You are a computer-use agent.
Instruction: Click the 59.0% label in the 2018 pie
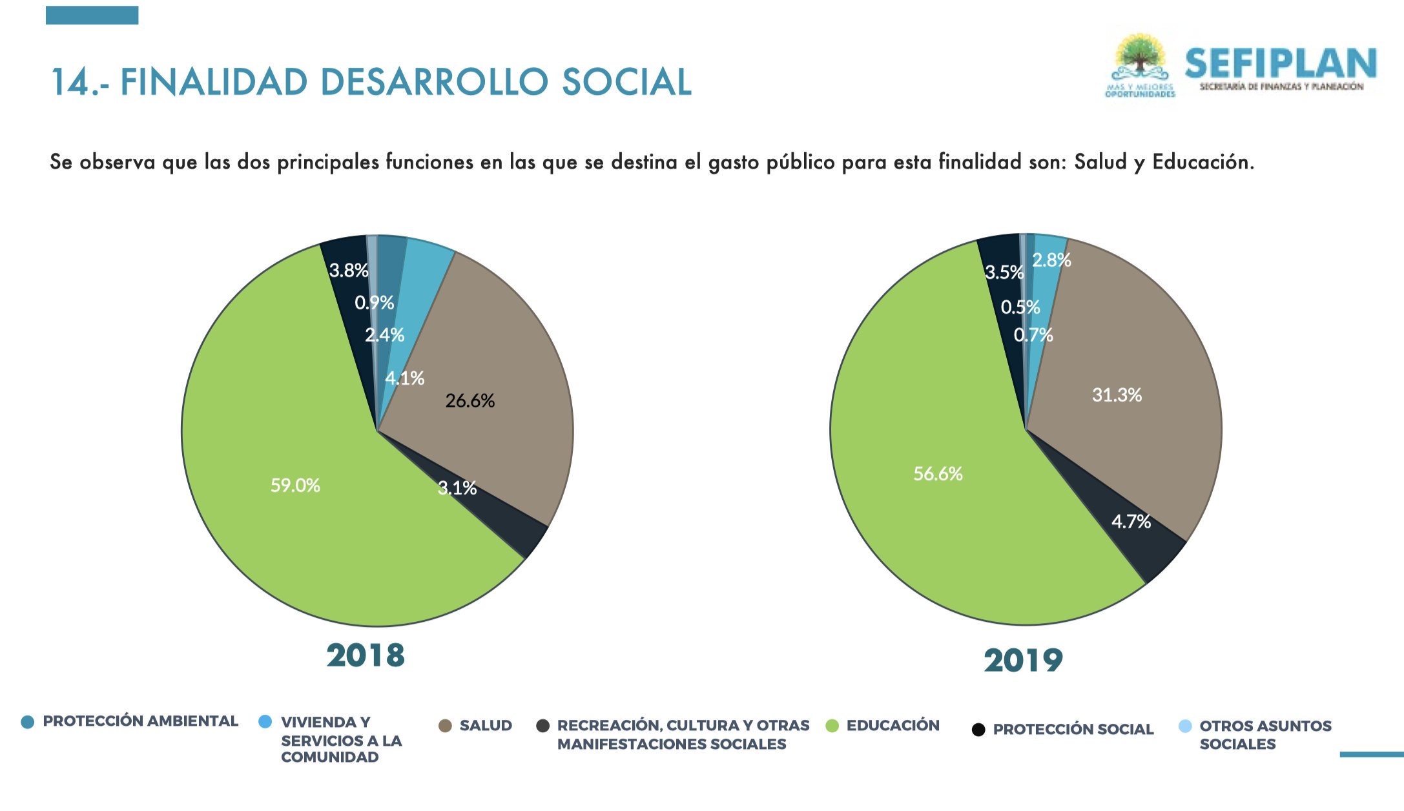pyautogui.click(x=295, y=485)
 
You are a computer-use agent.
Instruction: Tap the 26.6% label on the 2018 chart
pyautogui.click(x=470, y=401)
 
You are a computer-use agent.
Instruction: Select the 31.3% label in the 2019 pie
pyautogui.click(x=1117, y=395)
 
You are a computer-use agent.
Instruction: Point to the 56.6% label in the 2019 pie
pyautogui.click(x=938, y=474)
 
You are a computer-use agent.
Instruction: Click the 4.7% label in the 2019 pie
pyautogui.click(x=1131, y=521)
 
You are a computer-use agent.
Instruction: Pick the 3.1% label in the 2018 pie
pyautogui.click(x=457, y=488)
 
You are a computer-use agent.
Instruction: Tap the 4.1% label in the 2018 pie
pyautogui.click(x=405, y=378)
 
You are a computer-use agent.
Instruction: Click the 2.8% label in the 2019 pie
pyautogui.click(x=1051, y=260)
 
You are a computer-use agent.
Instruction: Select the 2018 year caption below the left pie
pyautogui.click(x=366, y=655)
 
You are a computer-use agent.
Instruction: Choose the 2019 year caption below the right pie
pyautogui.click(x=1023, y=660)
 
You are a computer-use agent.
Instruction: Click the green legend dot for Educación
pyautogui.click(x=832, y=726)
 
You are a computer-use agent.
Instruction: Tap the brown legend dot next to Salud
pyautogui.click(x=445, y=726)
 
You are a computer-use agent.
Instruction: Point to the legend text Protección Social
pyautogui.click(x=1073, y=729)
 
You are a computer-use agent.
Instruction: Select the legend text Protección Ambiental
pyautogui.click(x=140, y=721)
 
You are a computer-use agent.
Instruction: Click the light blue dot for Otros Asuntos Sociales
pyautogui.click(x=1185, y=726)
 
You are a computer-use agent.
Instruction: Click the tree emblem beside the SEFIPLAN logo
pyautogui.click(x=1141, y=58)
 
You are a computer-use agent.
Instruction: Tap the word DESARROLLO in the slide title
pyautogui.click(x=434, y=82)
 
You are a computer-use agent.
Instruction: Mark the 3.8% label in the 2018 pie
pyautogui.click(x=349, y=270)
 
